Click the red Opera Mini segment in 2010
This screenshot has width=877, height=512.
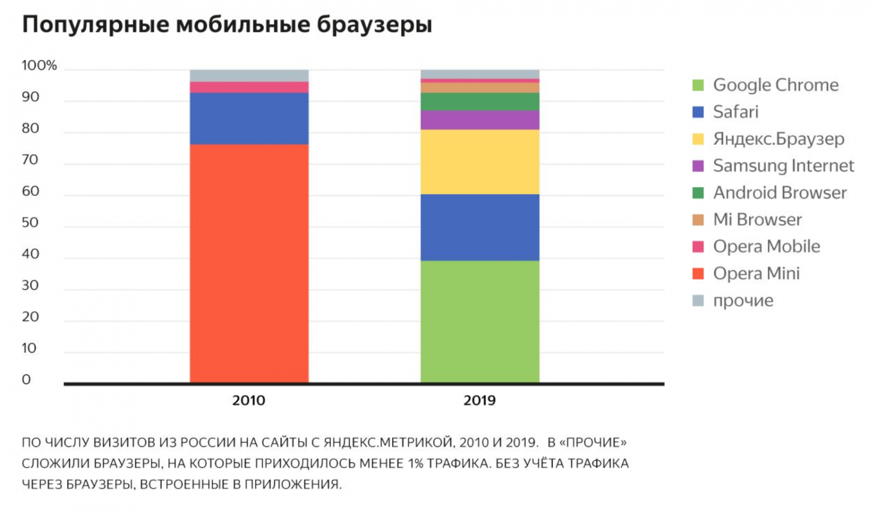[249, 263]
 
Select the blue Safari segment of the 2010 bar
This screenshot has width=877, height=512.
[249, 118]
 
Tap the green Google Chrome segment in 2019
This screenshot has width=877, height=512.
[480, 321]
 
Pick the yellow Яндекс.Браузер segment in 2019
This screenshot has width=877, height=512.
[480, 162]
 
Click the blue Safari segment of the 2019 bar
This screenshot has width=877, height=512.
[480, 227]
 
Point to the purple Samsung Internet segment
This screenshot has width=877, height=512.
[480, 120]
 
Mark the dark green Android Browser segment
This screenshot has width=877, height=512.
[480, 101]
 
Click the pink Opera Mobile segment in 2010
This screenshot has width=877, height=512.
[249, 87]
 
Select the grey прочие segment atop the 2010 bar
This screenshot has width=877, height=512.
[249, 76]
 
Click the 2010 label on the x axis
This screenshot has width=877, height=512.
[249, 400]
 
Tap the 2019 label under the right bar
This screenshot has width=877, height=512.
[479, 400]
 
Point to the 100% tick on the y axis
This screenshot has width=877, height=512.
[39, 65]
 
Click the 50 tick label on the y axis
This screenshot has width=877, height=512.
[30, 222]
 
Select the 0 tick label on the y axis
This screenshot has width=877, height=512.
[26, 379]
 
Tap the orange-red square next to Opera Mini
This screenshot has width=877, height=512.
[698, 274]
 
